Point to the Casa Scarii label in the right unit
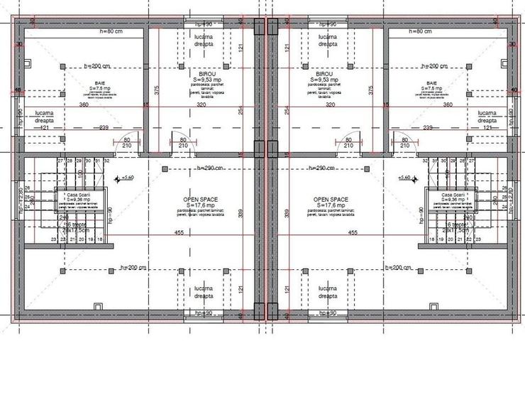coord(452,195)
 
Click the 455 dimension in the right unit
coord(353,232)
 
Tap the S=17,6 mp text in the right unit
coord(328,206)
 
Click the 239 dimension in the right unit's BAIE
coord(429,128)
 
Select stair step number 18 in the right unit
coord(426,239)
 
